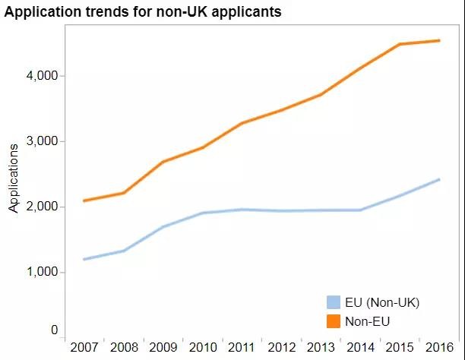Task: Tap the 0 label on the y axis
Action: coord(55,330)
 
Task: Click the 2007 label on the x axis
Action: coord(84,348)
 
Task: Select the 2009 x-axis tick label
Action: coord(163,348)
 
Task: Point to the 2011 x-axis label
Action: coord(242,348)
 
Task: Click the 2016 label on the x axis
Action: coord(439,348)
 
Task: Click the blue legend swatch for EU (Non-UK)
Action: coord(333,302)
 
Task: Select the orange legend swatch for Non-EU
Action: coord(333,321)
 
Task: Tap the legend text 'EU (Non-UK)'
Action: coord(382,302)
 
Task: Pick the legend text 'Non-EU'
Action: coord(367,321)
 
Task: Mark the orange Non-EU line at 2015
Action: coord(400,44)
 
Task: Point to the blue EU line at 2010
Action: coord(203,213)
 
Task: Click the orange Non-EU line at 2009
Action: coord(163,162)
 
